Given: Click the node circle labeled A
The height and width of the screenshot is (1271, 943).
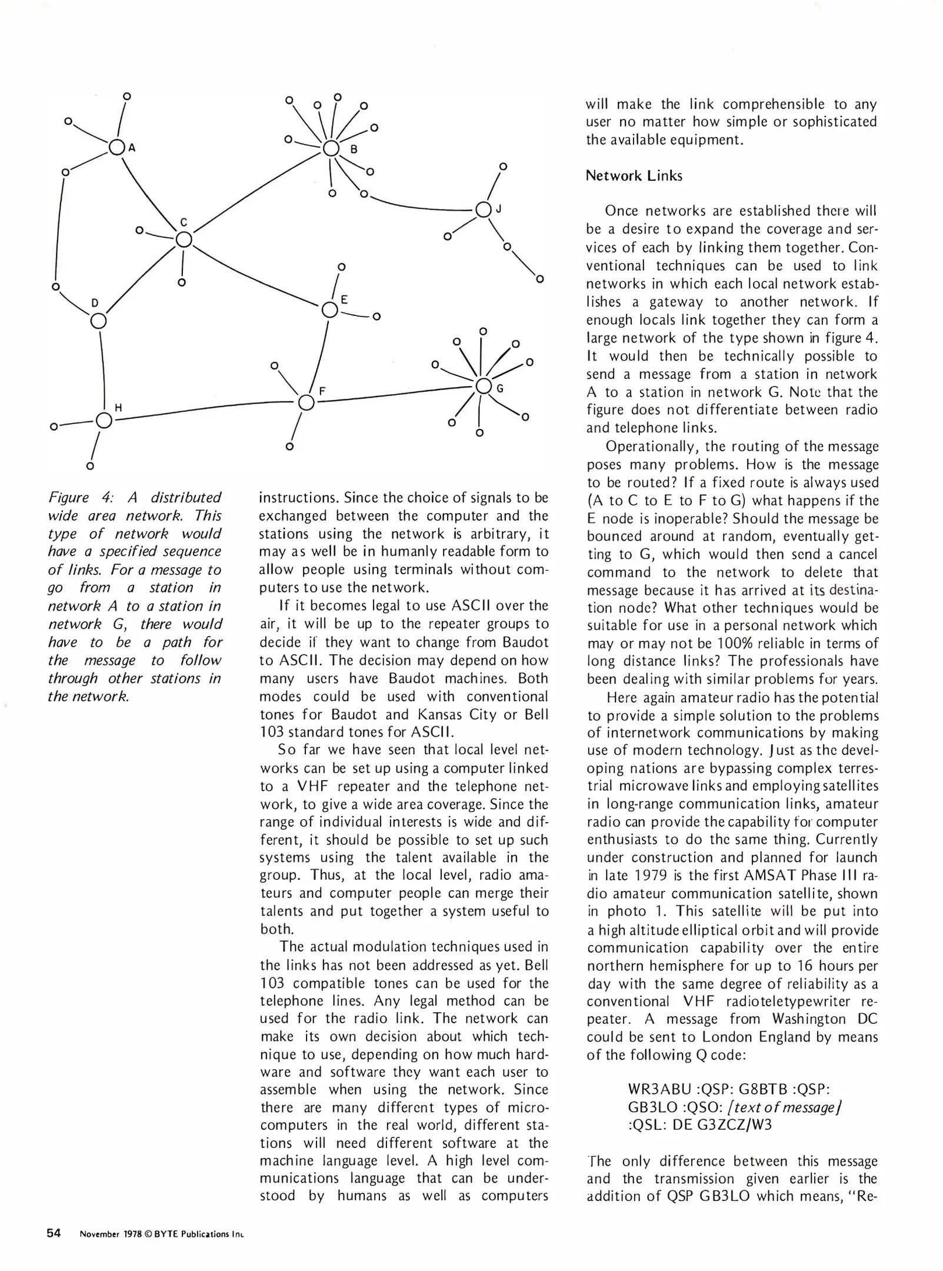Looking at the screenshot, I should pos(116,148).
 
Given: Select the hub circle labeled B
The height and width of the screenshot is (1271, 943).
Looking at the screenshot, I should pos(331,148).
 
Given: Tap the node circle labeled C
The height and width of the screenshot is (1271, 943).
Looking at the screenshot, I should pos(184,239).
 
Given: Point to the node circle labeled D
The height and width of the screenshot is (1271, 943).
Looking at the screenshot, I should pos(99,321).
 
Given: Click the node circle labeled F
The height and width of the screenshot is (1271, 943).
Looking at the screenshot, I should pos(306,403).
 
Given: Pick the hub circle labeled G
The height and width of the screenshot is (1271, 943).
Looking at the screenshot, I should pos(483,386).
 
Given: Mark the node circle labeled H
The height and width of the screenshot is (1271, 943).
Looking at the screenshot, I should pos(104,420).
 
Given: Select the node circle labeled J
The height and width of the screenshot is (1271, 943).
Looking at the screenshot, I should pos(483,209).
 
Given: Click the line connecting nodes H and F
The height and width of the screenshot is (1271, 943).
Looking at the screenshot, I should pos(206,408).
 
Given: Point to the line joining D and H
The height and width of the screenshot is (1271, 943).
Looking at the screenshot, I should pos(102,368).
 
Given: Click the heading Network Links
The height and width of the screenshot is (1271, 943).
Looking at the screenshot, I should pos(634,176).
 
